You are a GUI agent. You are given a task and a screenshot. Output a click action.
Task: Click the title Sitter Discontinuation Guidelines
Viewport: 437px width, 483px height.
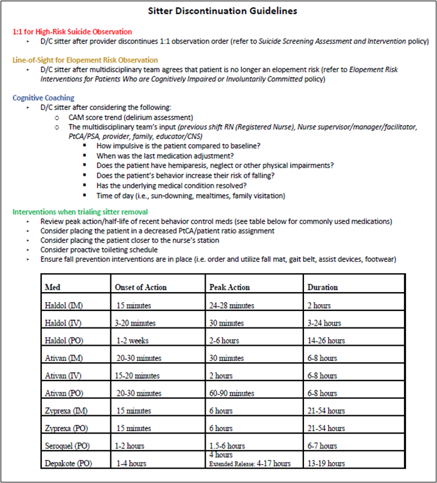[218, 11]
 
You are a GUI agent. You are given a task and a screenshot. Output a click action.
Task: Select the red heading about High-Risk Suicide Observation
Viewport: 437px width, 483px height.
[72, 32]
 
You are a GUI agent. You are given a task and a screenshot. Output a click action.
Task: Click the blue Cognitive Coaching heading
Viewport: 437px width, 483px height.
[43, 98]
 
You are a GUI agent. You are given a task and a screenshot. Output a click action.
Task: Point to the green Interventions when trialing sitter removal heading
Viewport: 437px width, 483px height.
[80, 212]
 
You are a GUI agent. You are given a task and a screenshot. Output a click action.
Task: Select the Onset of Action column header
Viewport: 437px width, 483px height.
[141, 287]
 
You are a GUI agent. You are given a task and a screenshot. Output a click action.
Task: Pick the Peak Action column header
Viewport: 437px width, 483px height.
[229, 287]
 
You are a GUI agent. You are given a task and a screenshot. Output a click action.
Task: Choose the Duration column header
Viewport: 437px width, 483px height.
[322, 287]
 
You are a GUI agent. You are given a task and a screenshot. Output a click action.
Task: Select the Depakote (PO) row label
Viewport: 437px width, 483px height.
[68, 463]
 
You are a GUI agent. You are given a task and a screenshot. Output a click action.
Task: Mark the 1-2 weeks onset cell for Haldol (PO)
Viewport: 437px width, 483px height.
[132, 340]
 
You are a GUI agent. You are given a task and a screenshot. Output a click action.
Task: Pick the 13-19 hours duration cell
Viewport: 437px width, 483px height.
[326, 463]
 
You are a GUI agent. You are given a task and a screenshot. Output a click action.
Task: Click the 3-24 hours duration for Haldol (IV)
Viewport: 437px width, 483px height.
[324, 323]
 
